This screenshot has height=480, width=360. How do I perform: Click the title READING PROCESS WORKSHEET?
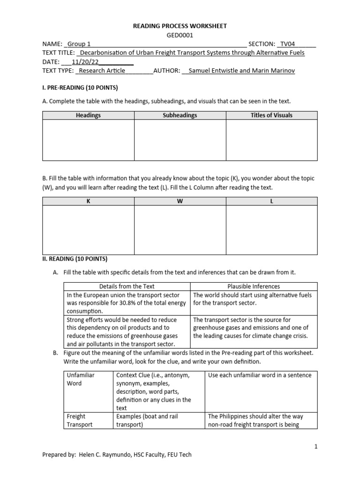[180, 26]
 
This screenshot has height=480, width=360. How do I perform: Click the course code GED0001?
[180, 35]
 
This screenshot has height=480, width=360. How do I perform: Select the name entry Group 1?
[79, 44]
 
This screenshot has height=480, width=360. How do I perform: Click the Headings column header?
[88, 115]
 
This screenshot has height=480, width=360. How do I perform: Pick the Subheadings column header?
[180, 115]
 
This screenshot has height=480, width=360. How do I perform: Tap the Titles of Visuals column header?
[271, 115]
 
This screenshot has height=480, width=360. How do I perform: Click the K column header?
[88, 201]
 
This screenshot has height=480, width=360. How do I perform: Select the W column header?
[180, 201]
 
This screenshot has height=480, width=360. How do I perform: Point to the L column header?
[271, 201]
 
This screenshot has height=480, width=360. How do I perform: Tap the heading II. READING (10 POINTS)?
[75, 258]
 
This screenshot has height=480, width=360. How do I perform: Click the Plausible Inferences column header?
[254, 286]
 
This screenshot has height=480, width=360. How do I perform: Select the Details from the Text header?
[127, 286]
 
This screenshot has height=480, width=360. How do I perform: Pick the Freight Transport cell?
[80, 420]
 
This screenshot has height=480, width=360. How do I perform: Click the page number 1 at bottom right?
[316, 446]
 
